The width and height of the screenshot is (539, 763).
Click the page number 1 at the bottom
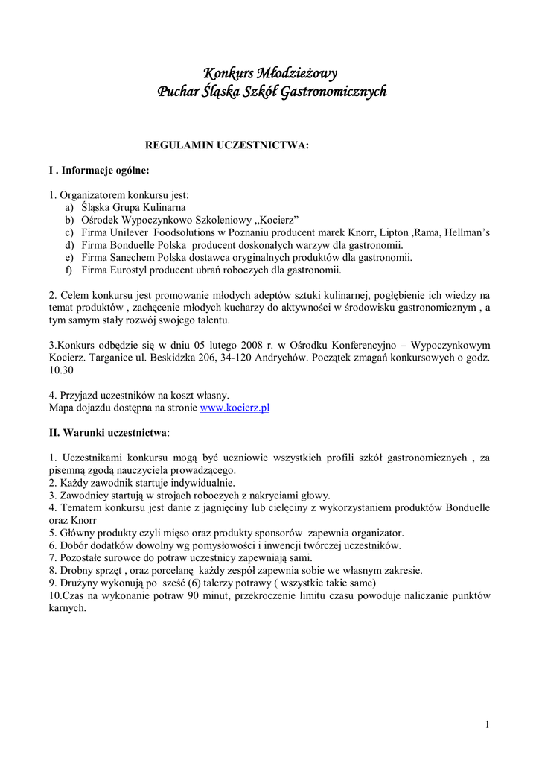click(x=486, y=724)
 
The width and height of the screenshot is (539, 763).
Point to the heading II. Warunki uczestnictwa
click(x=109, y=432)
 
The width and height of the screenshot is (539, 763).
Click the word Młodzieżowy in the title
click(x=297, y=73)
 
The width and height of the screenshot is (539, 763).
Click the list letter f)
click(x=68, y=270)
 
